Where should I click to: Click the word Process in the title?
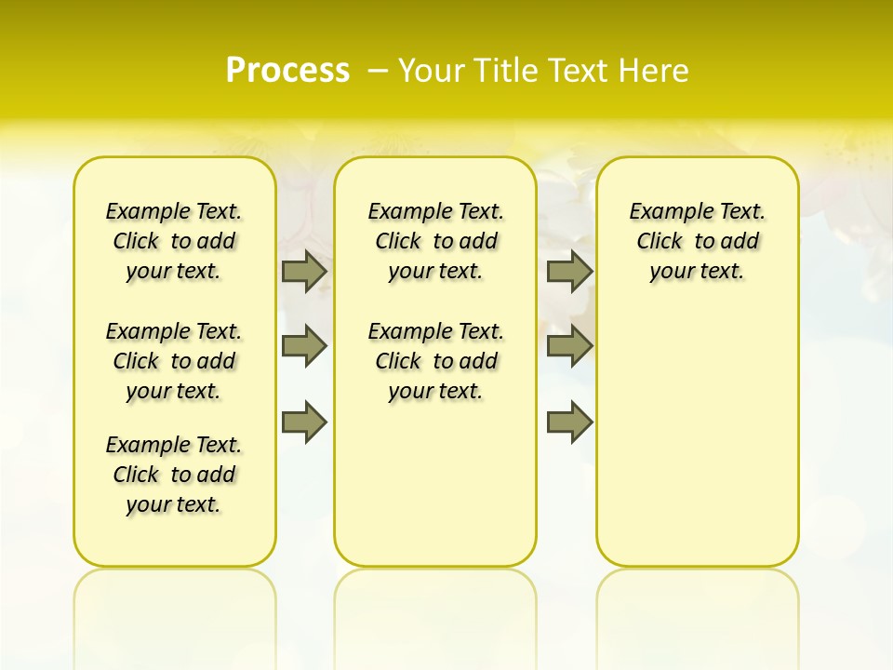click(x=287, y=70)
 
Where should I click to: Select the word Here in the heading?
click(x=655, y=71)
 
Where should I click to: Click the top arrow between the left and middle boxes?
click(x=304, y=271)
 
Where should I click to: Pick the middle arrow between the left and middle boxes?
click(x=304, y=346)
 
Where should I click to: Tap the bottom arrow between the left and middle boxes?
click(x=304, y=422)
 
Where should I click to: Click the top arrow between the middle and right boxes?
click(x=569, y=271)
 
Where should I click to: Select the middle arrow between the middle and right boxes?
click(x=569, y=346)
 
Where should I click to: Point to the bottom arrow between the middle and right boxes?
click(x=569, y=422)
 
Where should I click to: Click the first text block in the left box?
click(x=174, y=241)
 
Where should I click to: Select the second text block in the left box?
click(x=174, y=361)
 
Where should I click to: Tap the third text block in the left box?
click(x=174, y=475)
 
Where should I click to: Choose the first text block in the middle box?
click(x=435, y=241)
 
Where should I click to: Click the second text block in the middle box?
click(x=435, y=361)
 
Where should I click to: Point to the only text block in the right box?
click(x=698, y=241)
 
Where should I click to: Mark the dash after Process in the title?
click(x=378, y=71)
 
